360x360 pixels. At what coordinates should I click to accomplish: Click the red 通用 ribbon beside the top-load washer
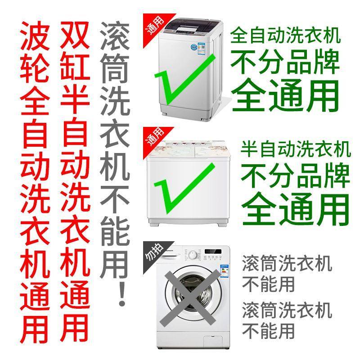click(156, 27)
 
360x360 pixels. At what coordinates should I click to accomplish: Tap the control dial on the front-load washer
click(192, 255)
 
